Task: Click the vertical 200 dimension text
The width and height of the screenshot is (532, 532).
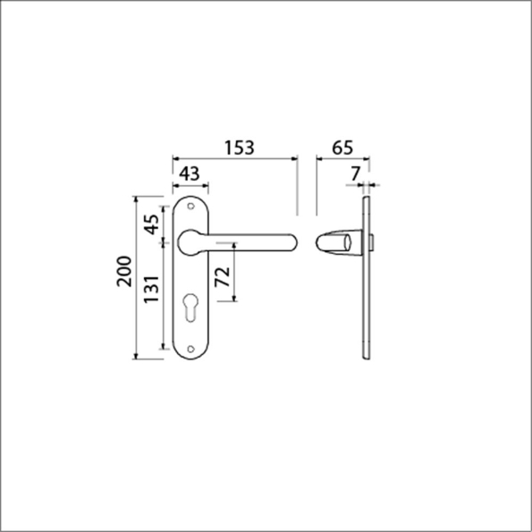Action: (x=124, y=274)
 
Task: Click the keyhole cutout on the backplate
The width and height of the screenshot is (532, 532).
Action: (x=190, y=308)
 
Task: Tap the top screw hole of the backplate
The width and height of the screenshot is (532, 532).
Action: (x=190, y=204)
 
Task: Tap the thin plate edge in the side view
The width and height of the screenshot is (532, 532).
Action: (x=365, y=277)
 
